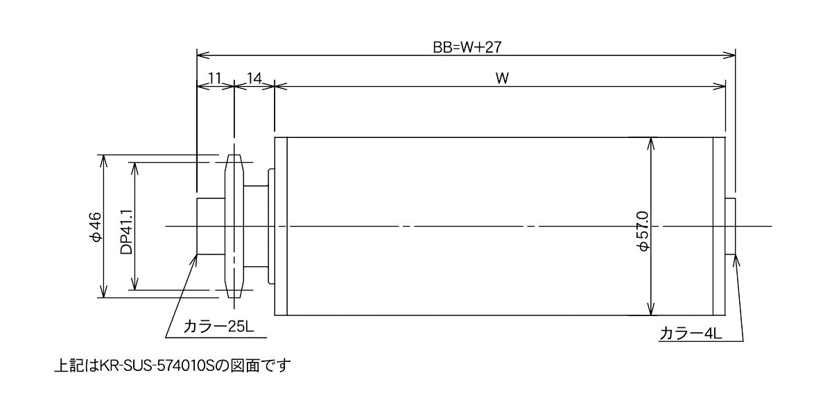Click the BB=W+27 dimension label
(467, 47)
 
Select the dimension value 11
(215, 78)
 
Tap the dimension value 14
(254, 78)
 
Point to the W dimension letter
(502, 78)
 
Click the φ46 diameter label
(96, 227)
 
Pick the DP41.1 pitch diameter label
(126, 232)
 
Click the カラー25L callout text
(218, 327)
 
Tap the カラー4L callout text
(691, 333)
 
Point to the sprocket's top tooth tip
(234, 155)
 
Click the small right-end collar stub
(730, 226)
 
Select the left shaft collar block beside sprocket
(211, 226)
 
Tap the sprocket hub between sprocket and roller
(256, 226)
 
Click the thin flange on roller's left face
(272, 226)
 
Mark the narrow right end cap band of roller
(719, 226)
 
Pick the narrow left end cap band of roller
(281, 226)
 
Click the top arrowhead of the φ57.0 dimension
(650, 143)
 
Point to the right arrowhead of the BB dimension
(729, 55)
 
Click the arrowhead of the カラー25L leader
(193, 260)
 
